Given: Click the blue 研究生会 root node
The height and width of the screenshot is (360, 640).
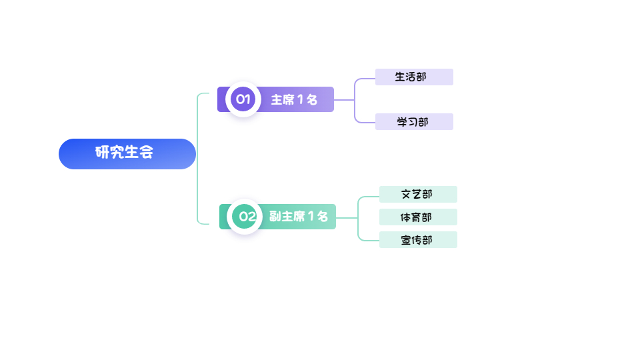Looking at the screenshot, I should coord(127,154).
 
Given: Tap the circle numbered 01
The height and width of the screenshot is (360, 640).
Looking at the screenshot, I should coord(243,99).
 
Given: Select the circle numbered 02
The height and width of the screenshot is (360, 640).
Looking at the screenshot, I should coord(247,216).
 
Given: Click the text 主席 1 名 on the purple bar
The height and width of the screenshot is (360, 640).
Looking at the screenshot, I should coord(294,100).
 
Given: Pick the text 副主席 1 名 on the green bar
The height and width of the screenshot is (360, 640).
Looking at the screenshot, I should coord(299,217).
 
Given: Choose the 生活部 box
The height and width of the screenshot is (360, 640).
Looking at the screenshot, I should coord(414,77).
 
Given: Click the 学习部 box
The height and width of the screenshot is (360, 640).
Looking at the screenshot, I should coord(414,122).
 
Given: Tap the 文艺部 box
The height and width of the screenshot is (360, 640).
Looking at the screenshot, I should coord(418,195).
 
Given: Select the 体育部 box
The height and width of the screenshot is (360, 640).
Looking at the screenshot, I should coord(418,217).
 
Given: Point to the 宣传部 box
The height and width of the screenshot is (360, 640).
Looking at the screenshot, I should coord(418,240).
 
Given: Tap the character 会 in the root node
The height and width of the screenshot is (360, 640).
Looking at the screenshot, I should coord(146,153).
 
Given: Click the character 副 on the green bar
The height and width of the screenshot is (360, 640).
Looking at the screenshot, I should coord(275,217).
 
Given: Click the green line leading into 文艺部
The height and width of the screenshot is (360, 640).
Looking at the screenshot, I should coord(369,197).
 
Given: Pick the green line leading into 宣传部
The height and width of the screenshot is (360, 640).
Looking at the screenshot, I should coord(369,240).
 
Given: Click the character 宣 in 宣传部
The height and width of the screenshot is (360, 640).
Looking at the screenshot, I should coord(406,240).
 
